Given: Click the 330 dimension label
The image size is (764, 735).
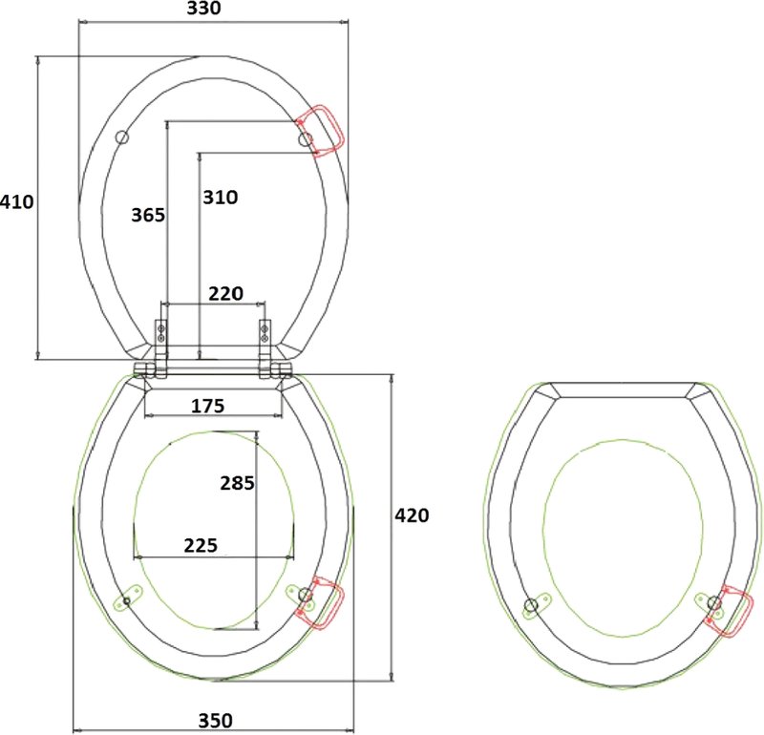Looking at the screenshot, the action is (x=203, y=8).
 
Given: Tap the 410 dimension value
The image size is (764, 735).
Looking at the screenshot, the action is (x=17, y=201).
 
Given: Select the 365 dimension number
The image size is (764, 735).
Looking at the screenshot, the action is (x=148, y=215).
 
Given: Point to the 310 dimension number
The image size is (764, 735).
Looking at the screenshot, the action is (x=221, y=197).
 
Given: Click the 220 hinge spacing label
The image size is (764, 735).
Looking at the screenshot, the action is (x=225, y=293).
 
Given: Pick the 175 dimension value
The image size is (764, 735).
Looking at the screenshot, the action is (x=207, y=406).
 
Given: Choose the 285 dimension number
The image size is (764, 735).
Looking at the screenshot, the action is (x=237, y=483).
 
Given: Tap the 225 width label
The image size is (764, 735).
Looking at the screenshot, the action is (x=201, y=545).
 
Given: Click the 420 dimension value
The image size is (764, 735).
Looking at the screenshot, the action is (x=412, y=514).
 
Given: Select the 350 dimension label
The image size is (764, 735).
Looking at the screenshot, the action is (x=216, y=721).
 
